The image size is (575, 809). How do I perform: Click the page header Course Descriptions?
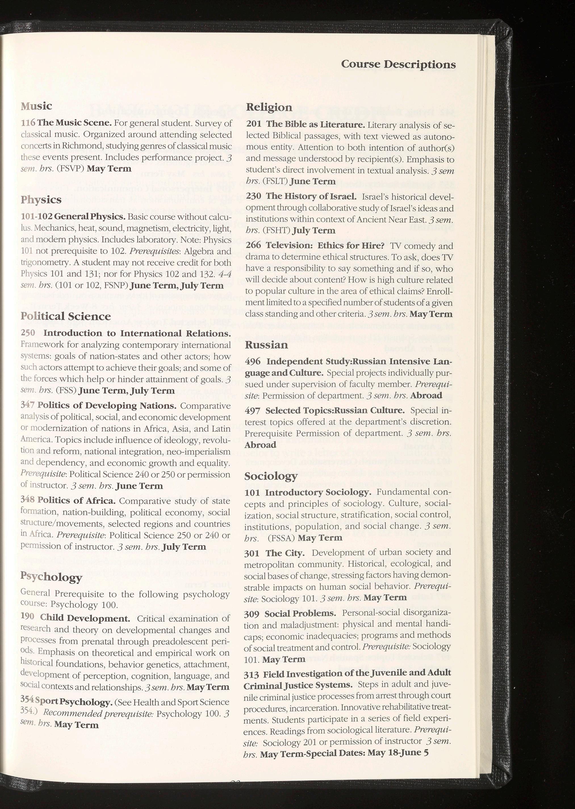398,64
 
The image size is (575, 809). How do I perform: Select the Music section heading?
36,106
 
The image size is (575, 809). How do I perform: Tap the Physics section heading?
41,200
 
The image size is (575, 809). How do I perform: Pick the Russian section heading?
266,345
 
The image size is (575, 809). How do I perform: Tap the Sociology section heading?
271,476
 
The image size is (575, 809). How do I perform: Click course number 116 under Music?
28,123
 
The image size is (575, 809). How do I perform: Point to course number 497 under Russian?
252,410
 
